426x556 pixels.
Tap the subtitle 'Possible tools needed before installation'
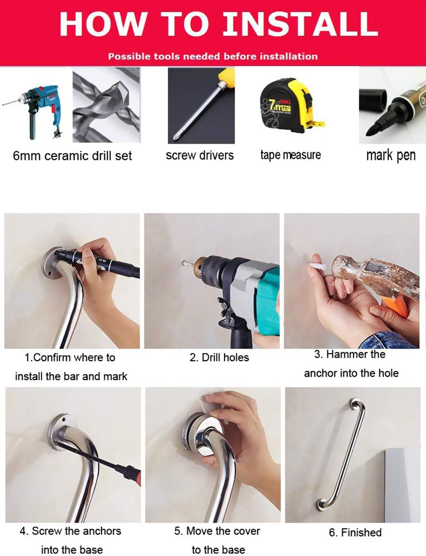click(x=213, y=56)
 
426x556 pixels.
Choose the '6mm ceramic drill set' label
click(x=72, y=156)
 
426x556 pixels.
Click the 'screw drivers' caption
click(x=199, y=155)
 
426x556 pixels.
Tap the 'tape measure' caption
click(x=291, y=155)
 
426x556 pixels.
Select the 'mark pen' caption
click(x=391, y=156)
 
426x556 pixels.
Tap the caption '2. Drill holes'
click(x=219, y=357)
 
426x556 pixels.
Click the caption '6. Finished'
click(x=355, y=533)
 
